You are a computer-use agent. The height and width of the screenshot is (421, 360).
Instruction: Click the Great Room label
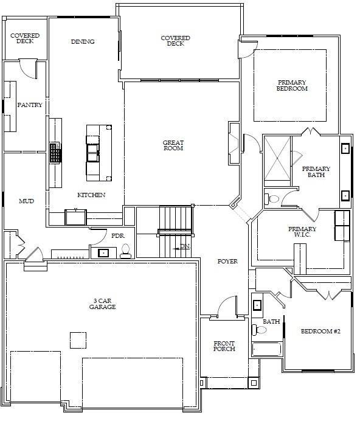(173, 145)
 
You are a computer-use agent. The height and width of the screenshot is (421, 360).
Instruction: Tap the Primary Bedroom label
(292, 85)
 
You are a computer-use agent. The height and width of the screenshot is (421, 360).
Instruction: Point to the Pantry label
(30, 105)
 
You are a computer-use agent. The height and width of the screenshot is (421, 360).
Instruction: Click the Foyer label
(227, 262)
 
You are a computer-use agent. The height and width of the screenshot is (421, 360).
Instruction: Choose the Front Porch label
(224, 346)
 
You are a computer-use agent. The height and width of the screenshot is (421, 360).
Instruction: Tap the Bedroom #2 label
(320, 332)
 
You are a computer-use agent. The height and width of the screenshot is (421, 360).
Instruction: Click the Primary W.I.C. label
(302, 232)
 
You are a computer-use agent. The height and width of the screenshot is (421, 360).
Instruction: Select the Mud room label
(26, 201)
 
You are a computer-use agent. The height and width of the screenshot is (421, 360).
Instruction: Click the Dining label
(83, 42)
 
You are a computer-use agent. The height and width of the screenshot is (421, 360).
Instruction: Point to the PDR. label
(117, 236)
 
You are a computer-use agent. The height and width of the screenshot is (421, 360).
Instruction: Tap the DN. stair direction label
(185, 246)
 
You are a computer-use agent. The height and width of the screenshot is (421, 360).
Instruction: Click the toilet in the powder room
(126, 251)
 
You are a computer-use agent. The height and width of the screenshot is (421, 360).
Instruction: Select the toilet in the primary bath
(273, 198)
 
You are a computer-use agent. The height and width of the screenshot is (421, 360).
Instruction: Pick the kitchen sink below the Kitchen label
(76, 217)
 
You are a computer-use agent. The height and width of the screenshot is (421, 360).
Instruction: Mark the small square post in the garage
(78, 340)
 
